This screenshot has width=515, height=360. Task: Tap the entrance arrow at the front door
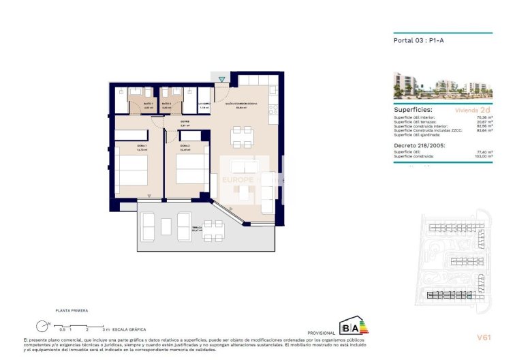pyautogui.click(x=222, y=80)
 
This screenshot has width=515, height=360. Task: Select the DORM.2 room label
pyautogui.click(x=185, y=146)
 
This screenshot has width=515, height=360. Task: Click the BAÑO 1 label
pyautogui.click(x=129, y=103)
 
